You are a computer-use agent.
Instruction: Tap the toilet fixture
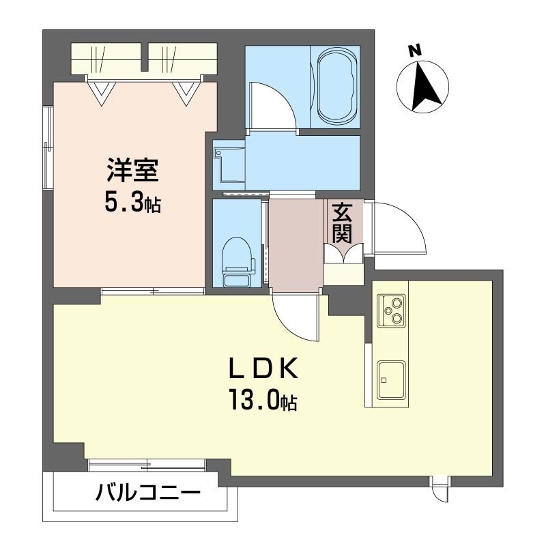pos(238,261)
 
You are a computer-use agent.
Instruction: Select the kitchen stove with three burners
pos(391,310)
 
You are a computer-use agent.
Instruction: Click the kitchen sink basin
pos(391,379)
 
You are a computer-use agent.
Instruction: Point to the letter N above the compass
pos(415,51)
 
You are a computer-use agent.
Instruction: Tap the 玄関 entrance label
pos(342,223)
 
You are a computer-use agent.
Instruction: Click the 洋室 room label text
pos(132,170)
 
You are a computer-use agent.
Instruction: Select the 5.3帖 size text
pos(132,203)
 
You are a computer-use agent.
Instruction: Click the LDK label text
pos(263,368)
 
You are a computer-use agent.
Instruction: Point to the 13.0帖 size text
pos(263,401)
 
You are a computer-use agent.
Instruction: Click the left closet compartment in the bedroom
pos(109,59)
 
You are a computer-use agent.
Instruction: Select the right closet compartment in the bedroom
pos(183,59)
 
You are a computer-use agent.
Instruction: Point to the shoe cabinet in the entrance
pos(344,275)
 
